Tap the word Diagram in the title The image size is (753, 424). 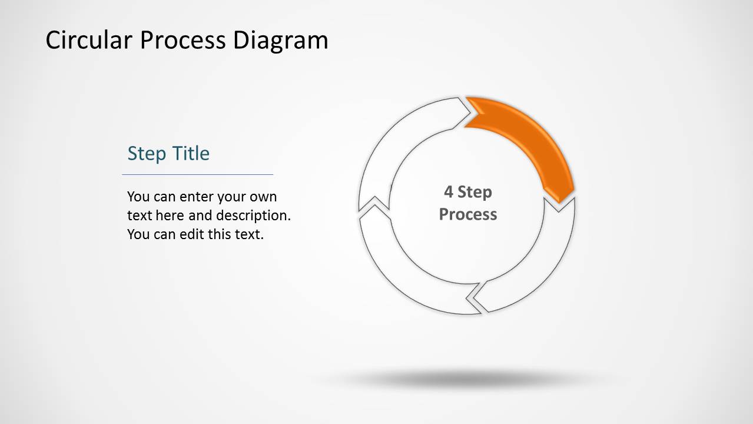(x=280, y=41)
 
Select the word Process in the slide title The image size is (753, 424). (x=183, y=41)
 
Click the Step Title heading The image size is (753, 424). (x=168, y=154)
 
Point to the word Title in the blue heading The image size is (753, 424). (x=191, y=154)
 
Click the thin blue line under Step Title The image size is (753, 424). (x=197, y=174)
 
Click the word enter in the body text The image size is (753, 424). (x=198, y=197)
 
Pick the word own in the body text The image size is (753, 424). (x=263, y=197)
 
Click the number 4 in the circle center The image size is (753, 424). (x=449, y=192)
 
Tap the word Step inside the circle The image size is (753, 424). (x=475, y=192)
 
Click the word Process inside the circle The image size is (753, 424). (x=468, y=214)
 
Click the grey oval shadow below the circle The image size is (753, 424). (x=465, y=379)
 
